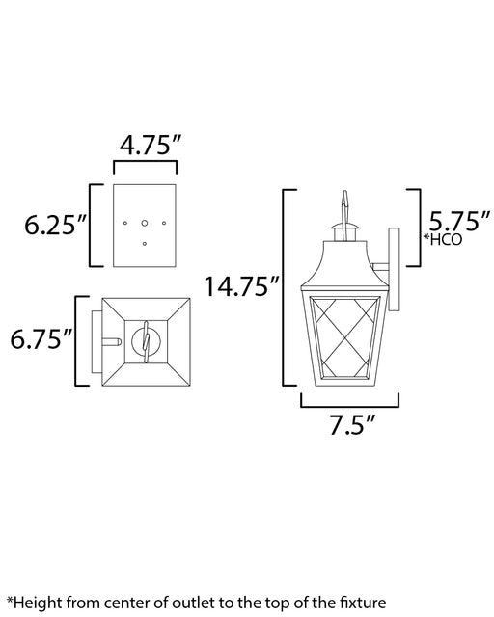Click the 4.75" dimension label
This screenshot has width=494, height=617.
pyautogui.click(x=150, y=146)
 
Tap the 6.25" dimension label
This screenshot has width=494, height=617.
pyautogui.click(x=55, y=225)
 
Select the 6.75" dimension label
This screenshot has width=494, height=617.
pyautogui.click(x=41, y=338)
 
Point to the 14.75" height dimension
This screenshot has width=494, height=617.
pyautogui.click(x=241, y=286)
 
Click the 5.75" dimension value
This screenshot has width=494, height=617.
pyautogui.click(x=459, y=221)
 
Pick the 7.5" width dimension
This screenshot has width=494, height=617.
pyautogui.click(x=351, y=424)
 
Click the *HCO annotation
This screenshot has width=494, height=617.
pyautogui.click(x=442, y=239)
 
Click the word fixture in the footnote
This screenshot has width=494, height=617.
pyautogui.click(x=363, y=603)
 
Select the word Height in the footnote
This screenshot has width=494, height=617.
pyautogui.click(x=38, y=603)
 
